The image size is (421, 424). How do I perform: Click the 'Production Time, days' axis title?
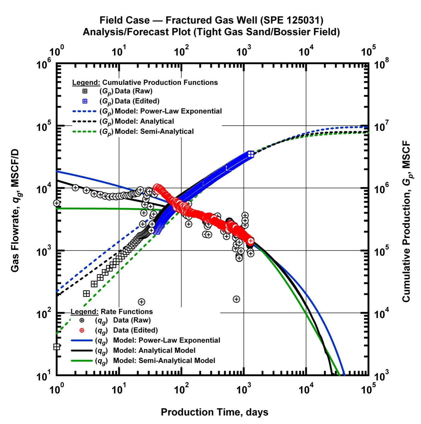coord(214,412)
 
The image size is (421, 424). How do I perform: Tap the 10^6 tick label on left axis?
coord(45,66)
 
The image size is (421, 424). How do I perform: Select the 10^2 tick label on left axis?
coord(45,315)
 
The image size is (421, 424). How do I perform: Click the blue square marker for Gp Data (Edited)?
coord(85,101)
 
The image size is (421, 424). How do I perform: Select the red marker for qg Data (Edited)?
coord(82,330)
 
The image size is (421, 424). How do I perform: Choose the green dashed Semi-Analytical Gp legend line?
coord(85,132)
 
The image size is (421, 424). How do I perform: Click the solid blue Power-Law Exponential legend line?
coord(82,340)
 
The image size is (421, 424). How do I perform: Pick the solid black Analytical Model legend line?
coord(82,351)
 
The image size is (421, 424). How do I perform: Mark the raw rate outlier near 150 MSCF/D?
coord(142,302)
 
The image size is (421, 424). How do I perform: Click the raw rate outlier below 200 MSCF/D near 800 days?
coord(236,299)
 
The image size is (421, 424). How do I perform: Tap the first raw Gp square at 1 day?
coord(57,347)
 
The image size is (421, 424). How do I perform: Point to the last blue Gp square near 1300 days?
coord(251,154)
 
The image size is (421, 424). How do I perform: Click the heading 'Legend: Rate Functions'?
coord(112,312)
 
